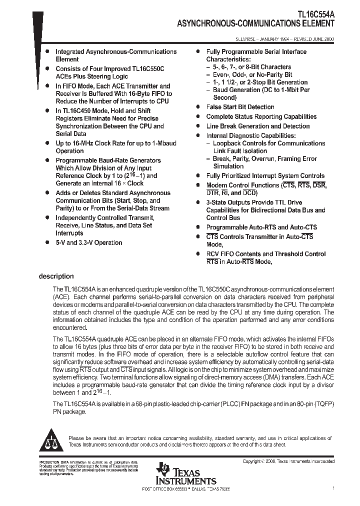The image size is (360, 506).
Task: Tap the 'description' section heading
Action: (56, 276)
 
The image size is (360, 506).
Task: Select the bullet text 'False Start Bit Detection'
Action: (240, 107)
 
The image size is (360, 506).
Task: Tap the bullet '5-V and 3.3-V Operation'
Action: (88, 243)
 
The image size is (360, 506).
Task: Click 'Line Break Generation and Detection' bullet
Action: (258, 126)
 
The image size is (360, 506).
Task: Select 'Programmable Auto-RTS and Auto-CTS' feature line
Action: (261, 227)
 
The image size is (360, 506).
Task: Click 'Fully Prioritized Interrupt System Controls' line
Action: (265, 176)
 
